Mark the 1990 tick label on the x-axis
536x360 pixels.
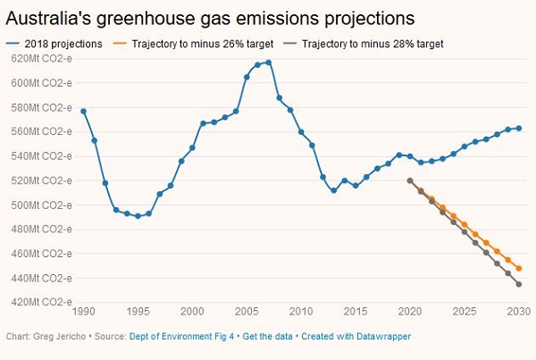coord(83,312)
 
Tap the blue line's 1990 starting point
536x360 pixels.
coord(83,111)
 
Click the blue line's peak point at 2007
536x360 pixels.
coord(269,63)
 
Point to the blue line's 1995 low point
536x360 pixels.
coord(138,216)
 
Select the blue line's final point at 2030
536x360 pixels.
coord(519,128)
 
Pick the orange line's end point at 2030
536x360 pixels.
coord(519,268)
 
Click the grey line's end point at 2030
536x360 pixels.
coord(519,284)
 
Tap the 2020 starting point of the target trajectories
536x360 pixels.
coord(410,180)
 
